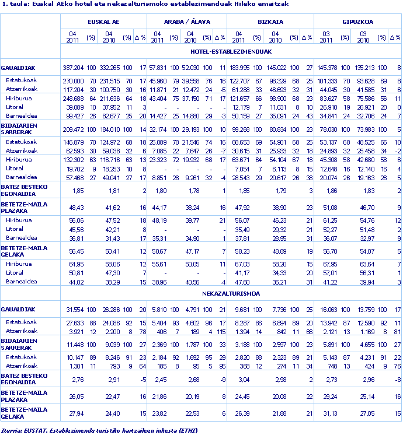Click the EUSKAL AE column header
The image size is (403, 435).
point(104,21)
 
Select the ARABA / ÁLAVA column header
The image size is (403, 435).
point(186,21)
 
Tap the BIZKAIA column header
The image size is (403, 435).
point(270,21)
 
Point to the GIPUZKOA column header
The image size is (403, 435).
point(358,21)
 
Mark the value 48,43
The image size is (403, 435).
point(75,208)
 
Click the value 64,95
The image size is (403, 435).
point(75,264)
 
